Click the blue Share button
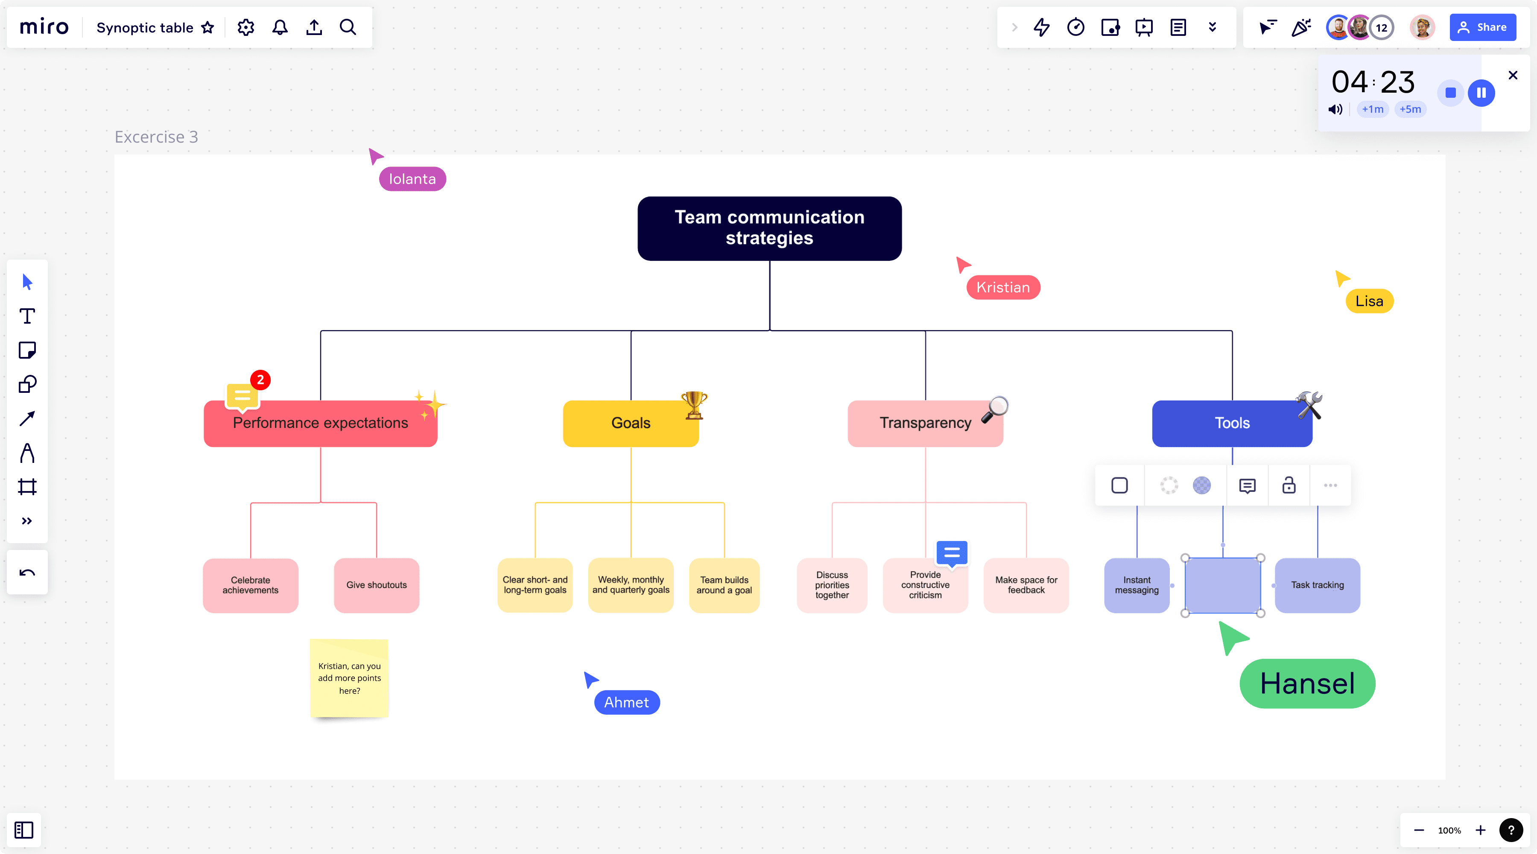[x=1483, y=27]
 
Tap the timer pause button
[x=1481, y=93]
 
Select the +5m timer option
[x=1410, y=109]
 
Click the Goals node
[x=630, y=423]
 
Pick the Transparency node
[x=924, y=423]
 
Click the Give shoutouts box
[x=377, y=585]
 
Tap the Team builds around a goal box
[x=724, y=585]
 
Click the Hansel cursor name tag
[x=1307, y=683]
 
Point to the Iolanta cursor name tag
[x=412, y=179]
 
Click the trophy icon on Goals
[x=693, y=405]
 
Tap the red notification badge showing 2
[x=260, y=380]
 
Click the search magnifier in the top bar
[x=348, y=27]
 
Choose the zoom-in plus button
[x=1480, y=830]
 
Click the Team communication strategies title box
[x=769, y=228]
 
